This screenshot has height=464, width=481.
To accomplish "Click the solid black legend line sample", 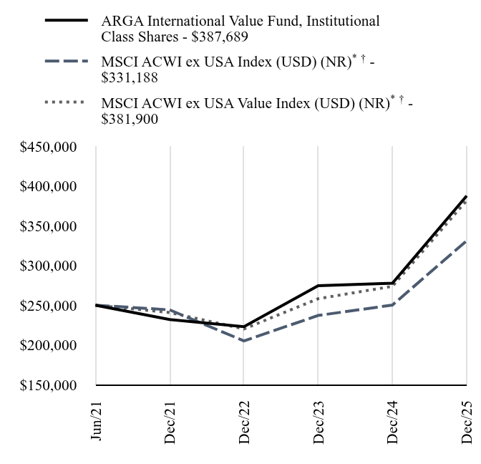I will [x=67, y=21].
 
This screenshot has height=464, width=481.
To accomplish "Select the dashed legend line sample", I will [x=67, y=62].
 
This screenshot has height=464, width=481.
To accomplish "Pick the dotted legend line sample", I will [x=67, y=103].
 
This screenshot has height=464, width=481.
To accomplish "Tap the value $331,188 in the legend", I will [x=130, y=77].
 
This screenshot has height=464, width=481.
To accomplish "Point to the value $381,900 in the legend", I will [x=130, y=118].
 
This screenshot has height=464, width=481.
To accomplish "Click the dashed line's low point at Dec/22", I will [x=244, y=341].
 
